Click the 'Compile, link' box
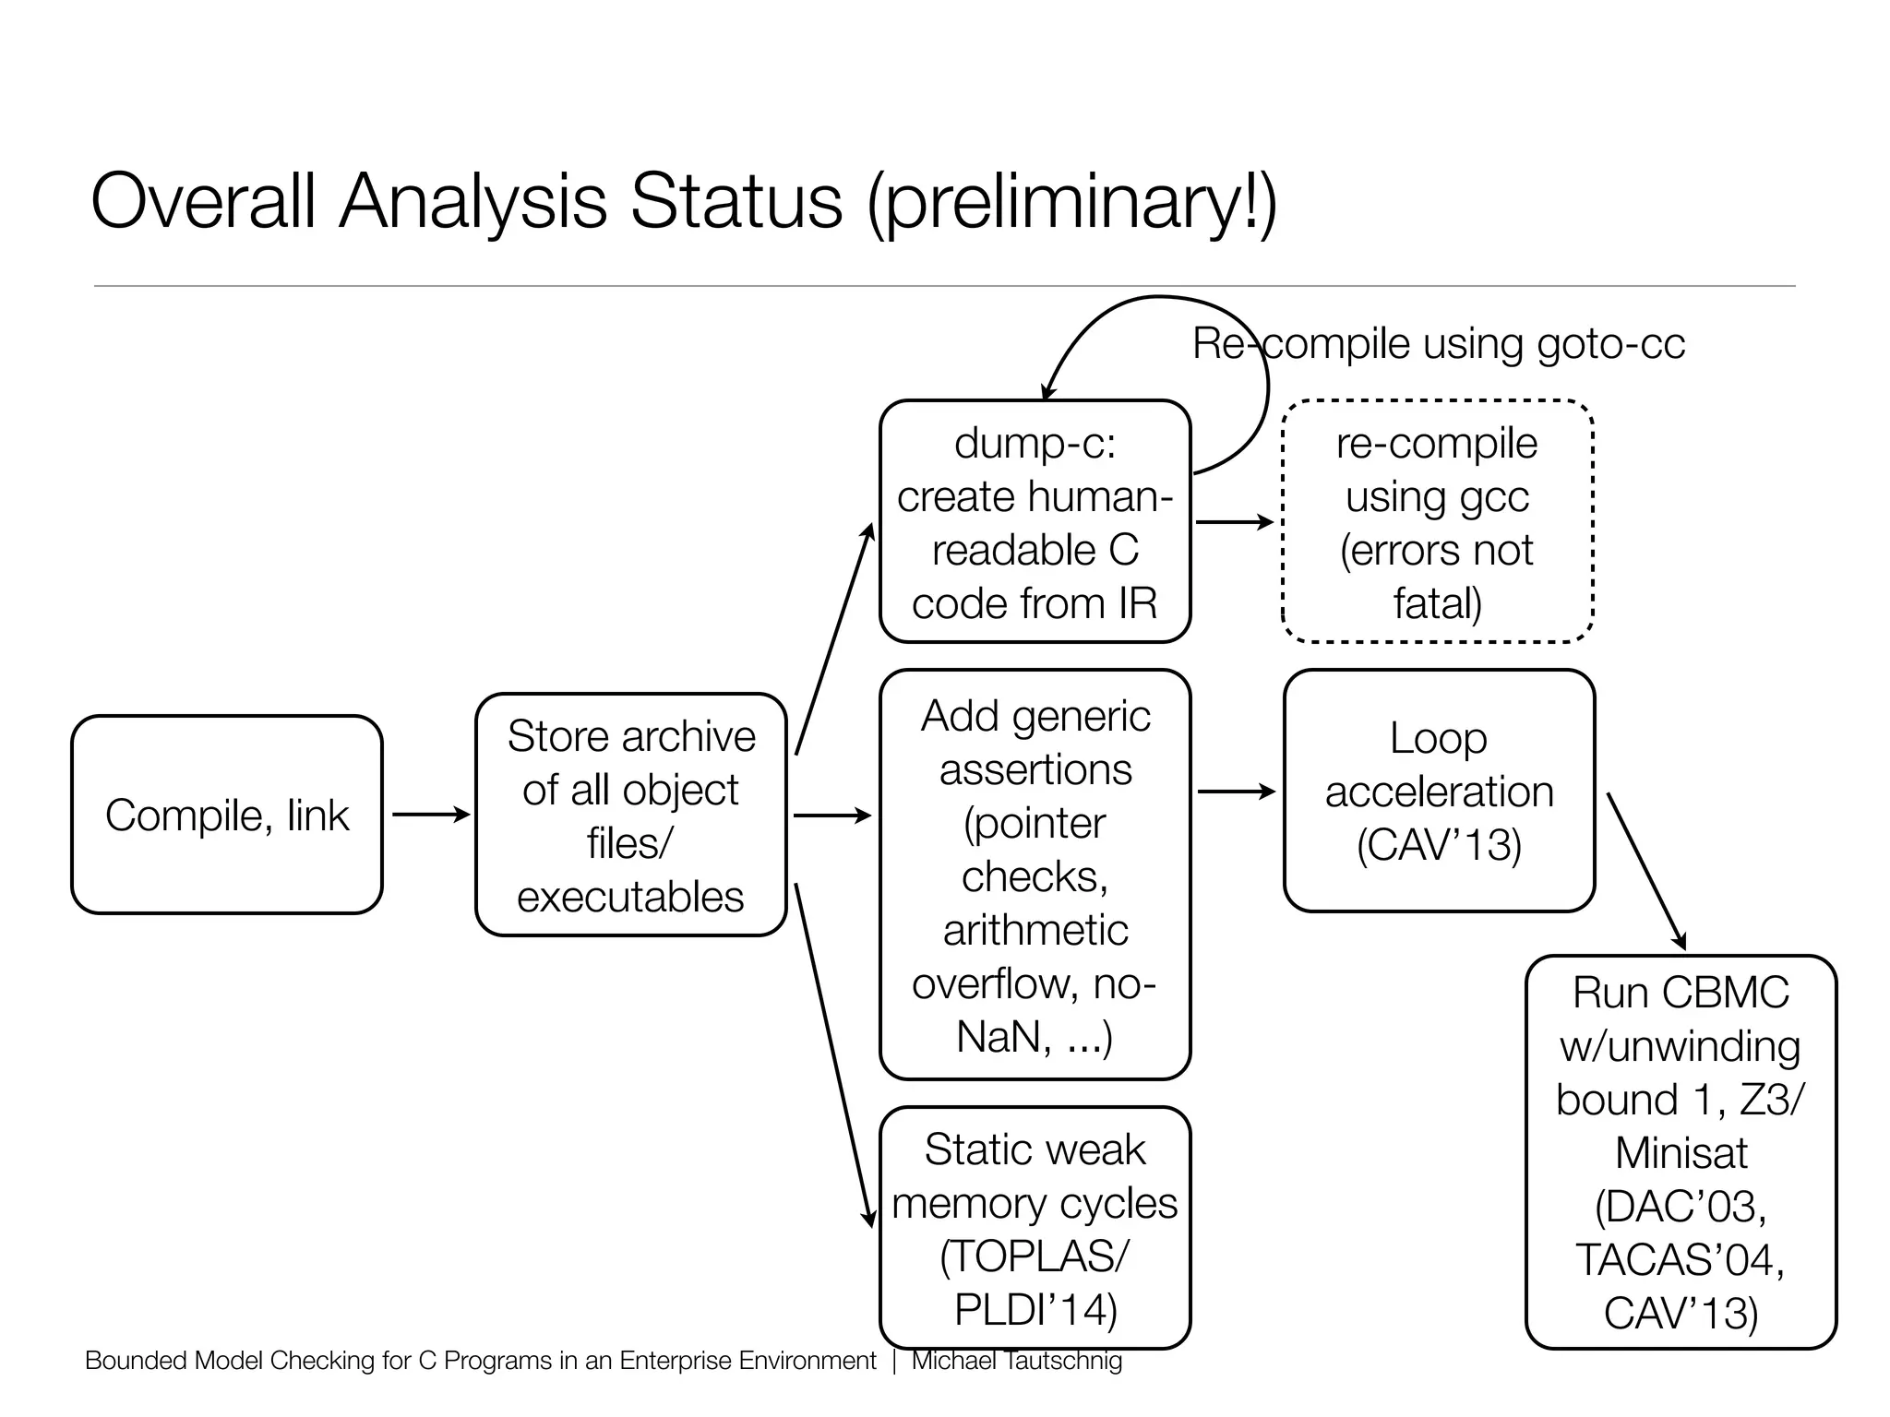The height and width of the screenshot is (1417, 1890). pyautogui.click(x=227, y=815)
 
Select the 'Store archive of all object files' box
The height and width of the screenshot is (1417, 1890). pyautogui.click(x=631, y=815)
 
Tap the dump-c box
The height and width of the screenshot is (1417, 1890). pyautogui.click(x=1035, y=521)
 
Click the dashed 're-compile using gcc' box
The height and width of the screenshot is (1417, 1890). pyautogui.click(x=1438, y=521)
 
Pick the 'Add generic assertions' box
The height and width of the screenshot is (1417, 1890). pyautogui.click(x=1035, y=875)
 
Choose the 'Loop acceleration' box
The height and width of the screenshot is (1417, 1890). pyautogui.click(x=1439, y=791)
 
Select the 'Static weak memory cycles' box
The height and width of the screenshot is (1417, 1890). pyautogui.click(x=1035, y=1227)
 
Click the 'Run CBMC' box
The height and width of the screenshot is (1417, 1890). pyautogui.click(x=1681, y=1151)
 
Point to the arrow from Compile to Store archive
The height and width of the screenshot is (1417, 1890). pyautogui.click(x=430, y=815)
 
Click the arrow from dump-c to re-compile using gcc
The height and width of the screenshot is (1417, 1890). pyautogui.click(x=1235, y=522)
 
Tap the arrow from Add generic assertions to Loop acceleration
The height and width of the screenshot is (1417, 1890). pyautogui.click(x=1236, y=792)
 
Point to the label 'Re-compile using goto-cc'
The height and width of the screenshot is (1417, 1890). pyautogui.click(x=1439, y=344)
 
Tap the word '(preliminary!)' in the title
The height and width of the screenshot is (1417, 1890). pyautogui.click(x=1071, y=202)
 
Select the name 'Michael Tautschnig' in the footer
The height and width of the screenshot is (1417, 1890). pyautogui.click(x=1016, y=1361)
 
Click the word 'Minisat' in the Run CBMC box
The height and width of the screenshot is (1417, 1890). pyautogui.click(x=1681, y=1153)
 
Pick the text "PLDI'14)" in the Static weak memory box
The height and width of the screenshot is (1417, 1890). pyautogui.click(x=1035, y=1309)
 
